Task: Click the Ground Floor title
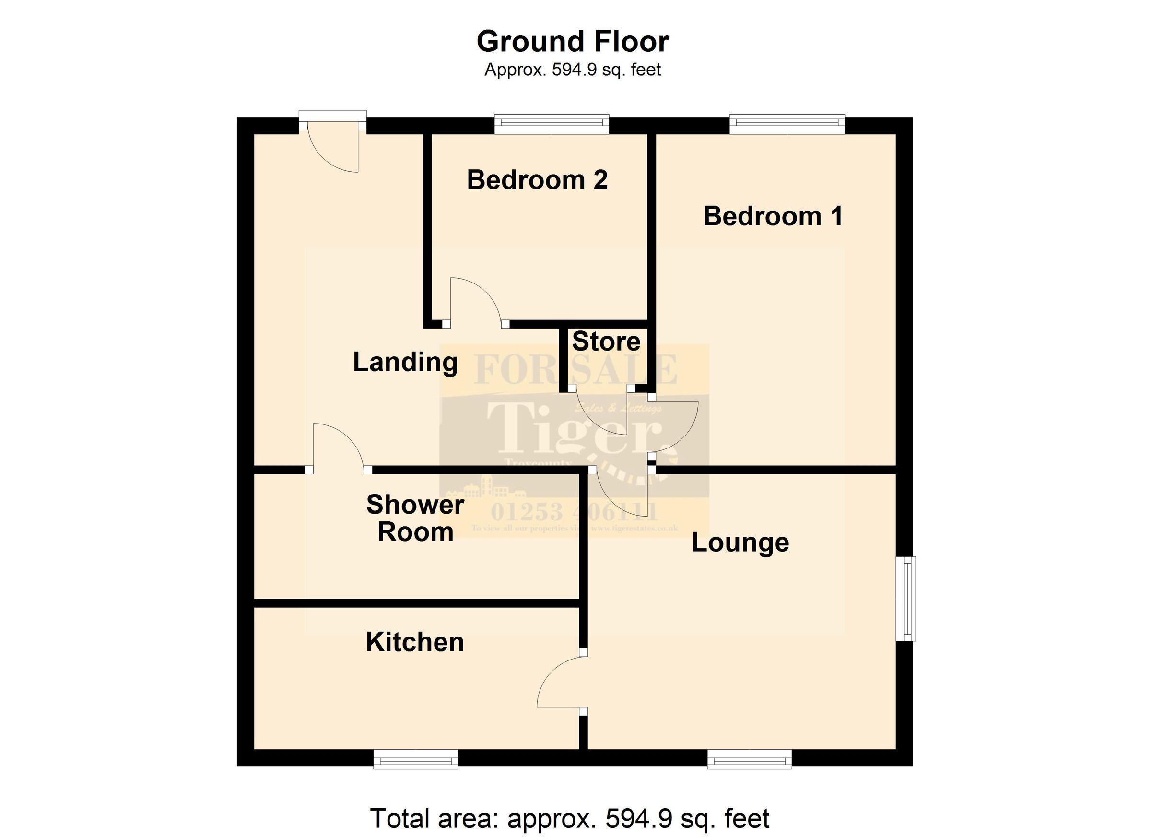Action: coord(573,42)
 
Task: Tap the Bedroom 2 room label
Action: coord(537,180)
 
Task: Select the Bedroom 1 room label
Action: coord(773,216)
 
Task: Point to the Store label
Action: coord(606,342)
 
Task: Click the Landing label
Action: coord(405,363)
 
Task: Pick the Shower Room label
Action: coord(415,518)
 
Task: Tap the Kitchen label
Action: coord(415,643)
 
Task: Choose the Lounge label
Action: coord(740,542)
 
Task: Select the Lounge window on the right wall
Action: coord(905,599)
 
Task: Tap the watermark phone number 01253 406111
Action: coord(574,513)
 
